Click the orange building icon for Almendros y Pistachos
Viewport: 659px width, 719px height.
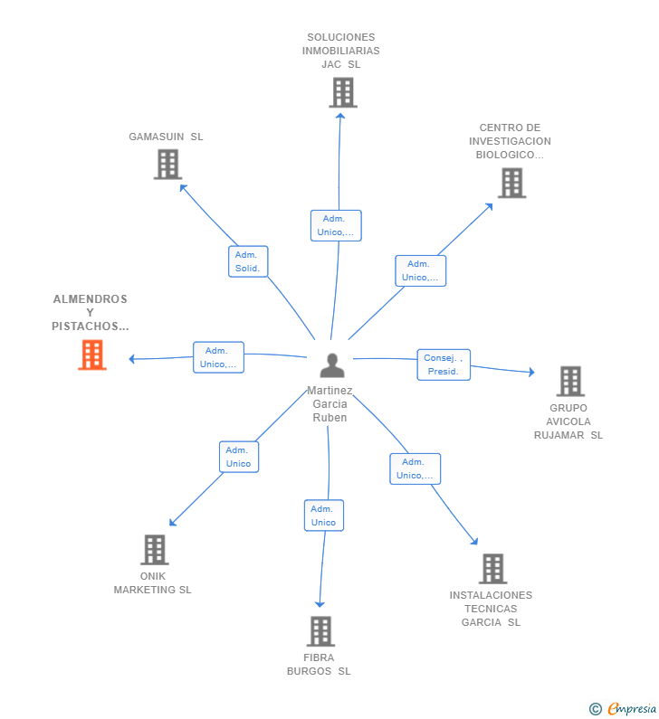coord(92,355)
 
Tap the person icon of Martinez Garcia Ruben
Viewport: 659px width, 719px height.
coord(332,365)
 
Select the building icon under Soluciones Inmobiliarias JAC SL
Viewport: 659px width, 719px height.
coord(343,92)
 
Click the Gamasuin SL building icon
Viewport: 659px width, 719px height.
coord(167,165)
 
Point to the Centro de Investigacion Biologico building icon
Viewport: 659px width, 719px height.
coord(511,183)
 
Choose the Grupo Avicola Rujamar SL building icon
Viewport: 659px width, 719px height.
coord(570,382)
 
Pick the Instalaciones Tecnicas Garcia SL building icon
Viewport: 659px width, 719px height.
coord(492,569)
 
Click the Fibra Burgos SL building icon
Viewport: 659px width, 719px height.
coord(320,631)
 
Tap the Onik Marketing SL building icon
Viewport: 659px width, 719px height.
coord(155,550)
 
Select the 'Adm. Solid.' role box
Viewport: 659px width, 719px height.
coord(248,261)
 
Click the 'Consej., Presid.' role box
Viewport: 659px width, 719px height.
coord(444,364)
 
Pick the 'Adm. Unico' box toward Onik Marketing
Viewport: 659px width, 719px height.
coord(239,457)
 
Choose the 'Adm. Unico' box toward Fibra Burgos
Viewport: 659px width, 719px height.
coord(323,516)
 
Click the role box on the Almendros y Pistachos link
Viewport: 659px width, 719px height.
coord(218,357)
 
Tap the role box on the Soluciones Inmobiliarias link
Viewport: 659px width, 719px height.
coord(336,225)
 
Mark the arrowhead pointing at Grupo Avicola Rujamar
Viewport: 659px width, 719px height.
coord(531,372)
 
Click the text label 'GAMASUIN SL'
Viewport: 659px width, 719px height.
coord(166,137)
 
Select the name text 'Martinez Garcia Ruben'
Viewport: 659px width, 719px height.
coord(330,404)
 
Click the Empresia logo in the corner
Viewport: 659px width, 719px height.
coord(630,709)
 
